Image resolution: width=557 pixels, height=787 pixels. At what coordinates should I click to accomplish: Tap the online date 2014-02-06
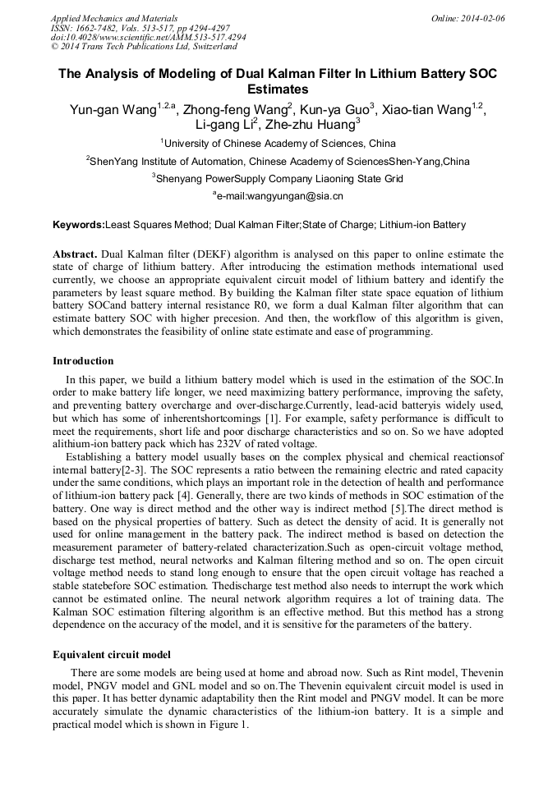(479, 17)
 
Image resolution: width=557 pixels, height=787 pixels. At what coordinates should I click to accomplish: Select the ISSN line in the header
(140, 27)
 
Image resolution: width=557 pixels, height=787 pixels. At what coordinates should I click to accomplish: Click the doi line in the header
(148, 37)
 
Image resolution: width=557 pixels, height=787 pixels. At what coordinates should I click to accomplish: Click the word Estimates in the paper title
(278, 89)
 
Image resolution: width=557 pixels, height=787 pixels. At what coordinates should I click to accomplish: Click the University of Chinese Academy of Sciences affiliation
(279, 144)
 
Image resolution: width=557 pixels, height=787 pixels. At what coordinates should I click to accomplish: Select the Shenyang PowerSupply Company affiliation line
(279, 178)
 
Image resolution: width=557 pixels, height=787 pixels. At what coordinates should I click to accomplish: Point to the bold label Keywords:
(78, 225)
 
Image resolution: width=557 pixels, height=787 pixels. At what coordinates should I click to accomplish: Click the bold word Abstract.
(75, 254)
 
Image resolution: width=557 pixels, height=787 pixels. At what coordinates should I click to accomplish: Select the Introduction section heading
(83, 361)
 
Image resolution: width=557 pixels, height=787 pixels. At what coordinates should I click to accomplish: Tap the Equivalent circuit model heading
(112, 655)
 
